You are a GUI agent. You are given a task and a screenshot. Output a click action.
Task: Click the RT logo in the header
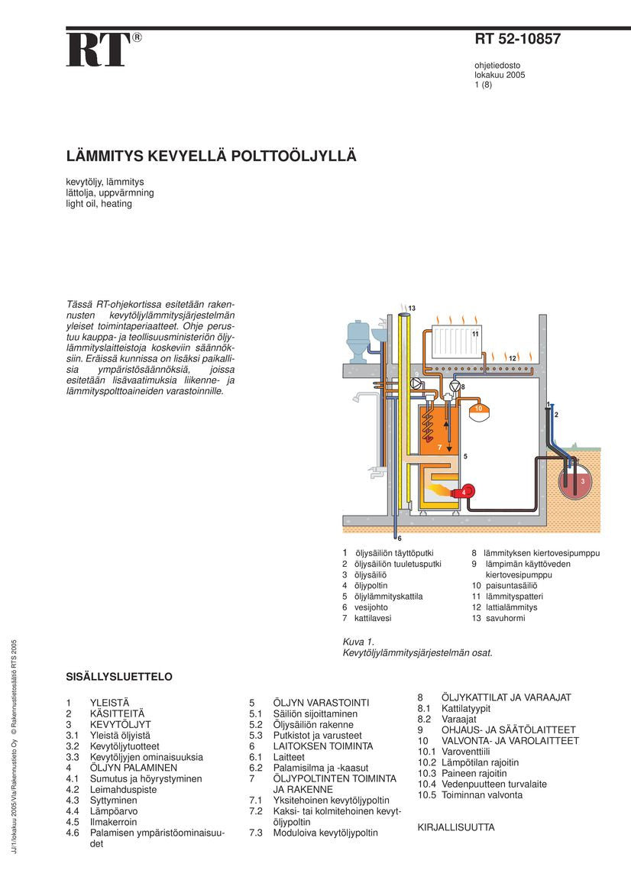pyautogui.click(x=99, y=50)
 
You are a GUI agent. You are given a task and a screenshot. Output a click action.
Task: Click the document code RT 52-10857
pyautogui.click(x=517, y=40)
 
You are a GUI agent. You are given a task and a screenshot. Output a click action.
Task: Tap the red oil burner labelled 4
pyautogui.click(x=464, y=493)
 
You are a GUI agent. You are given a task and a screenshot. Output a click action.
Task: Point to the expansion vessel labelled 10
pyautogui.click(x=479, y=409)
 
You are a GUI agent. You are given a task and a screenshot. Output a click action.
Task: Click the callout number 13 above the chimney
pyautogui.click(x=412, y=308)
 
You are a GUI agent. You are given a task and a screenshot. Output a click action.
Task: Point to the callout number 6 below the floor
pyautogui.click(x=400, y=539)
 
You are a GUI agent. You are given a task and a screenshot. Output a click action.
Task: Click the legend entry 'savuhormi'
pyautogui.click(x=505, y=618)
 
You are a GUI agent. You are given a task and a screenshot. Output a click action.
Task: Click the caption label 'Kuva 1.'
pyautogui.click(x=358, y=642)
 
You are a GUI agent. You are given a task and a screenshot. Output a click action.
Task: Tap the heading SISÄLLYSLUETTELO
pyautogui.click(x=119, y=677)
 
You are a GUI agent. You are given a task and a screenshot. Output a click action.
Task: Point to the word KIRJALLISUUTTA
pyautogui.click(x=456, y=827)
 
